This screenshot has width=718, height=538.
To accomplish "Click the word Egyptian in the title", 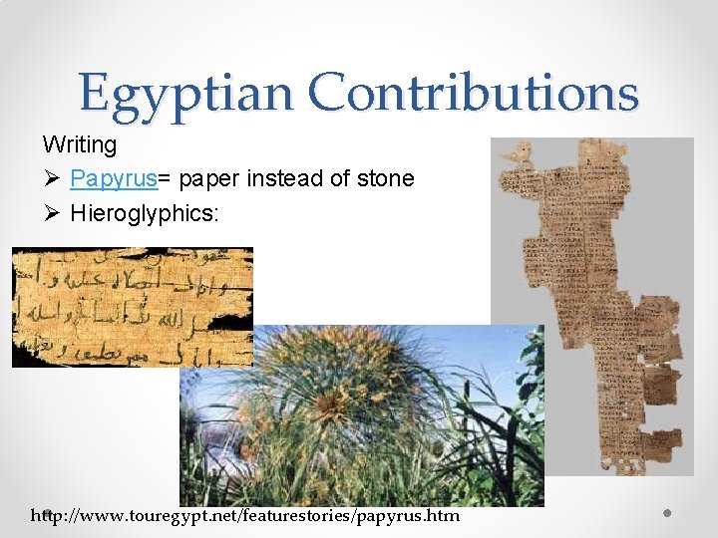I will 186,94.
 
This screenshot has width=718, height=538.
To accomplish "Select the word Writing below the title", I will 80,144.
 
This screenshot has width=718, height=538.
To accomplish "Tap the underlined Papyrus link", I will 114,178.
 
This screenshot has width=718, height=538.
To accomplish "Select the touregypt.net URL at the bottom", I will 245,515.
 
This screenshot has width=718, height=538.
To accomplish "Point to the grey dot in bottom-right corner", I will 667,513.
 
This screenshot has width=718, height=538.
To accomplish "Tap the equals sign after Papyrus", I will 165,179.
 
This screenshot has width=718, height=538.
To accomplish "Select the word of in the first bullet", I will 339,178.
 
